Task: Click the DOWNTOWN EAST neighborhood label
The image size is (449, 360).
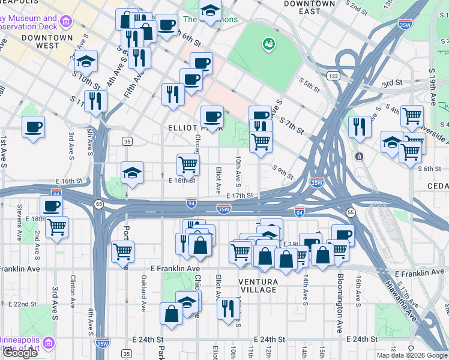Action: pyautogui.click(x=310, y=8)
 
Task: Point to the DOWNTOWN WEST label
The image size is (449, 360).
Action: pyautogui.click(x=40, y=41)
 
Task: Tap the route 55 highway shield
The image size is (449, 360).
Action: pyautogui.click(x=349, y=212)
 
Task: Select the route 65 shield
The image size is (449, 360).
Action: pyautogui.click(x=98, y=205)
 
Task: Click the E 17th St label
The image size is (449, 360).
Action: pyautogui.click(x=240, y=196)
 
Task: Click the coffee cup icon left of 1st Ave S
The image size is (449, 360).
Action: pyautogui.click(x=34, y=127)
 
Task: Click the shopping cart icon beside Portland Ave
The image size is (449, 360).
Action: pyautogui.click(x=122, y=251)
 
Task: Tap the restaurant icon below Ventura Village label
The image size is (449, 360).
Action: pyautogui.click(x=228, y=308)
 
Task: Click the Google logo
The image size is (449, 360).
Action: pyautogui.click(x=20, y=353)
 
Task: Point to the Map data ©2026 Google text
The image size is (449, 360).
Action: pyautogui.click(x=412, y=355)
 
